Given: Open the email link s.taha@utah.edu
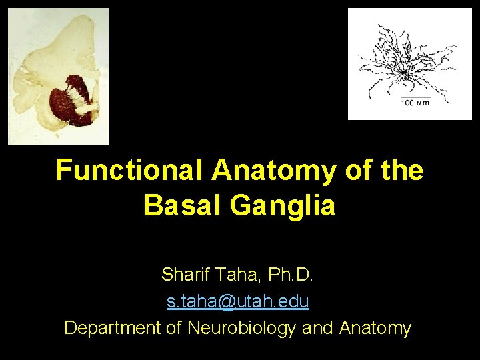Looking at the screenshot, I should tap(238, 301).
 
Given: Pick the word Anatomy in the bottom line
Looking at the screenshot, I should tap(375, 328).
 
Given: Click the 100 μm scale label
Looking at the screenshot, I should tap(414, 103).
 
